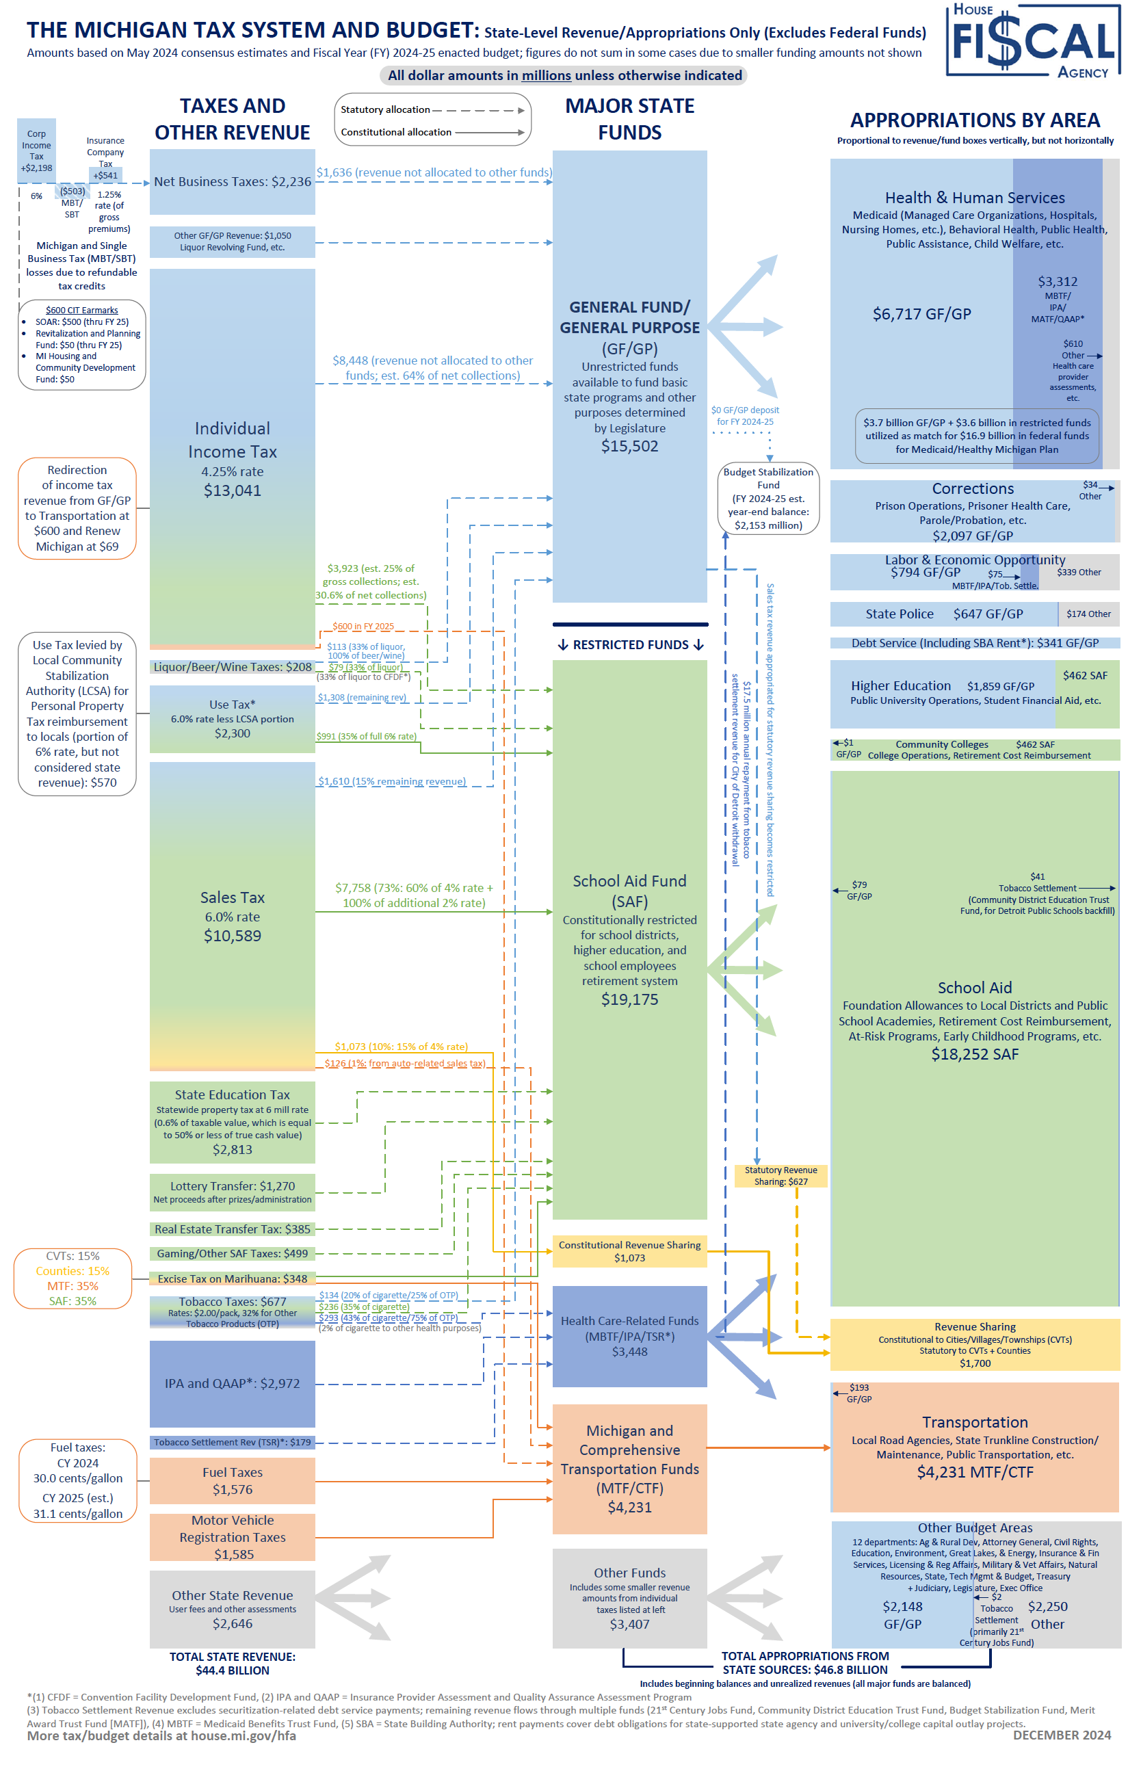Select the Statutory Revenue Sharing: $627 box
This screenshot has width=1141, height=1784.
pos(781,1176)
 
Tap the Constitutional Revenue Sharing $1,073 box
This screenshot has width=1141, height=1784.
pos(629,1251)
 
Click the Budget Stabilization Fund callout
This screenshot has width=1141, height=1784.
pos(768,498)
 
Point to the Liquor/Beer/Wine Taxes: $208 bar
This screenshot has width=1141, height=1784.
pos(232,667)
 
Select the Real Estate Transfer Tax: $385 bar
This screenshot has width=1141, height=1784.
pos(232,1229)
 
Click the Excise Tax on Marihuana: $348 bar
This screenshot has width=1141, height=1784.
pos(232,1278)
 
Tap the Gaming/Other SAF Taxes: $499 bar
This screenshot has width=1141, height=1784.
pos(232,1254)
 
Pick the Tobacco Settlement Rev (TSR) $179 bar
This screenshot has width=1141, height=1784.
pos(232,1443)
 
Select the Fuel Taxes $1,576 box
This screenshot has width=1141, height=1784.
pos(232,1481)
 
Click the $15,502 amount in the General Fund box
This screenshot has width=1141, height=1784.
pos(629,446)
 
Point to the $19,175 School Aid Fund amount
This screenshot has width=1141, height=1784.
pos(629,999)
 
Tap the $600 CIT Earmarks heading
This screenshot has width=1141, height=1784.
pos(81,311)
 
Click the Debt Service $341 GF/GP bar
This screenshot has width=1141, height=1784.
pos(974,643)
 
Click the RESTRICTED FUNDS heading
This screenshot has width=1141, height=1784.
pos(630,644)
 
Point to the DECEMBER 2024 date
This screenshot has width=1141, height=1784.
pos(1061,1735)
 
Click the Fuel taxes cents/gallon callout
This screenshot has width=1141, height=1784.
pos(78,1480)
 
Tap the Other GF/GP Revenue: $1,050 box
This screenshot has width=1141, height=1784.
pos(232,241)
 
